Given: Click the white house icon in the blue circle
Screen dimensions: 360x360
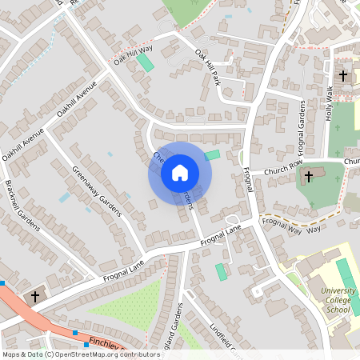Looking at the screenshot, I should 179,172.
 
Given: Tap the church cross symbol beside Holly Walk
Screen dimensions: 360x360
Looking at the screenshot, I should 343,76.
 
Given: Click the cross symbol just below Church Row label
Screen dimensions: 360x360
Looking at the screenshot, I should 308,177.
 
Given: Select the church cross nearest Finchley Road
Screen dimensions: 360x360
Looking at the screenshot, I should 34,297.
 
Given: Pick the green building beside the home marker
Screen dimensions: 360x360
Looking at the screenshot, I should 212,155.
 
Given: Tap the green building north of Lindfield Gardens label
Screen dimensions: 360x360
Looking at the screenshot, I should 221,272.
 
